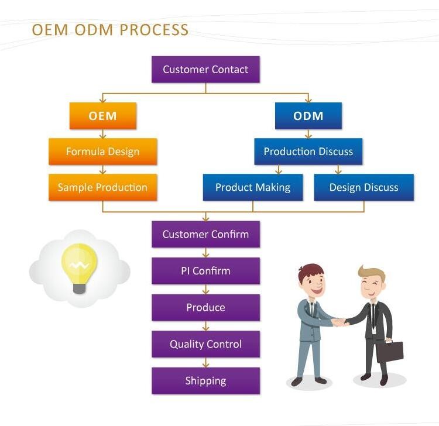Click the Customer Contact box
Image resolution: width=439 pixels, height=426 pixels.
(x=205, y=70)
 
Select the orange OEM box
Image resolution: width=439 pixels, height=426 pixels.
(x=103, y=116)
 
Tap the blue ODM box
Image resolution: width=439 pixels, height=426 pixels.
(x=308, y=116)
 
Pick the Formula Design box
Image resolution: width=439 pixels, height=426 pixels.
(x=103, y=152)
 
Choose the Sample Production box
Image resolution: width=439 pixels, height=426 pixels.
(x=103, y=187)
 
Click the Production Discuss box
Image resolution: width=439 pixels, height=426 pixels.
(x=308, y=152)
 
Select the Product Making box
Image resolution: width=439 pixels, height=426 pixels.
(x=253, y=187)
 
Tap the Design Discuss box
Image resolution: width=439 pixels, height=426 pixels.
(x=363, y=187)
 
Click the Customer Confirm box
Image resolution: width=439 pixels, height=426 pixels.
(x=205, y=234)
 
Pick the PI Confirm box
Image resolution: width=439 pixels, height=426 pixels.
(x=205, y=271)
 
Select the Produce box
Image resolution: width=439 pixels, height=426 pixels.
(x=205, y=307)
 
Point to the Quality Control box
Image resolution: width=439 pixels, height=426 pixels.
(x=205, y=344)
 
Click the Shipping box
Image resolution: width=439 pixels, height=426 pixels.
(x=205, y=381)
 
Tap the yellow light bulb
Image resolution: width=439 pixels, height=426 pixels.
(x=79, y=268)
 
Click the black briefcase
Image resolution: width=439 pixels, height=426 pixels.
(x=390, y=351)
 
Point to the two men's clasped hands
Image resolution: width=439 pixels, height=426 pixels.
(x=341, y=322)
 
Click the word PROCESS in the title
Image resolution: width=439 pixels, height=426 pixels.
(x=155, y=30)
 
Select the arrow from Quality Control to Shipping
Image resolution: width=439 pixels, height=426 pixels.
(x=206, y=362)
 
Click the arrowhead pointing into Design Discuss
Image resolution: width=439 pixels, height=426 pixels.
(x=338, y=171)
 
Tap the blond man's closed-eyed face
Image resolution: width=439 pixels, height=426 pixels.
(x=371, y=287)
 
